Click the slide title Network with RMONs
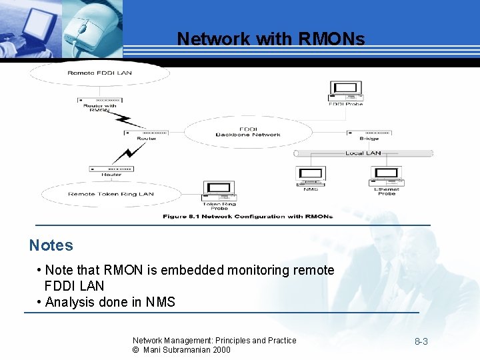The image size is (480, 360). pyautogui.click(x=271, y=39)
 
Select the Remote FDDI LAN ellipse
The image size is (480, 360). pyautogui.click(x=100, y=73)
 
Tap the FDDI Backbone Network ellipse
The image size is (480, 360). pyautogui.click(x=248, y=131)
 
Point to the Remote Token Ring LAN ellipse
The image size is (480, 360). pyautogui.click(x=111, y=194)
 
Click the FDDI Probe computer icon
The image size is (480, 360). pyautogui.click(x=345, y=91)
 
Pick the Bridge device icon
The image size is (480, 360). pyautogui.click(x=368, y=133)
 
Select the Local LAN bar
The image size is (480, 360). pyautogui.click(x=363, y=153)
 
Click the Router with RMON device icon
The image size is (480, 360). pyautogui.click(x=99, y=99)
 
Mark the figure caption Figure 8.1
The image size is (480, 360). pyautogui.click(x=247, y=216)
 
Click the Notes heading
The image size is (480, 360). pyautogui.click(x=51, y=245)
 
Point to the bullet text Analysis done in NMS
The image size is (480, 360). pyautogui.click(x=110, y=302)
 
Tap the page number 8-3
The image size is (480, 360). pyautogui.click(x=421, y=342)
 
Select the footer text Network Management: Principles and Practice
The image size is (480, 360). pyautogui.click(x=214, y=340)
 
